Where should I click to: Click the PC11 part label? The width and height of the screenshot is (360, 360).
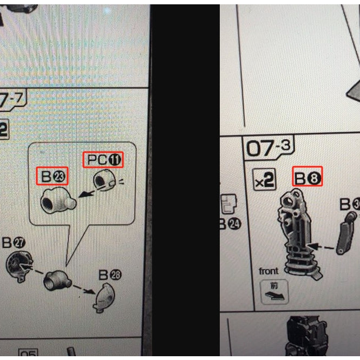point(103,160)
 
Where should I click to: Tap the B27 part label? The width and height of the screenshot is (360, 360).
point(14,242)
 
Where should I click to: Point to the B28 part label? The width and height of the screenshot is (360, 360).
point(110,275)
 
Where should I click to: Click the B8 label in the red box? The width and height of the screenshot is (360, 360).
point(307,176)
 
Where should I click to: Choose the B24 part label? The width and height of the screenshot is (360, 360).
point(230,223)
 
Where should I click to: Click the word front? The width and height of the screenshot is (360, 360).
point(269,271)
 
